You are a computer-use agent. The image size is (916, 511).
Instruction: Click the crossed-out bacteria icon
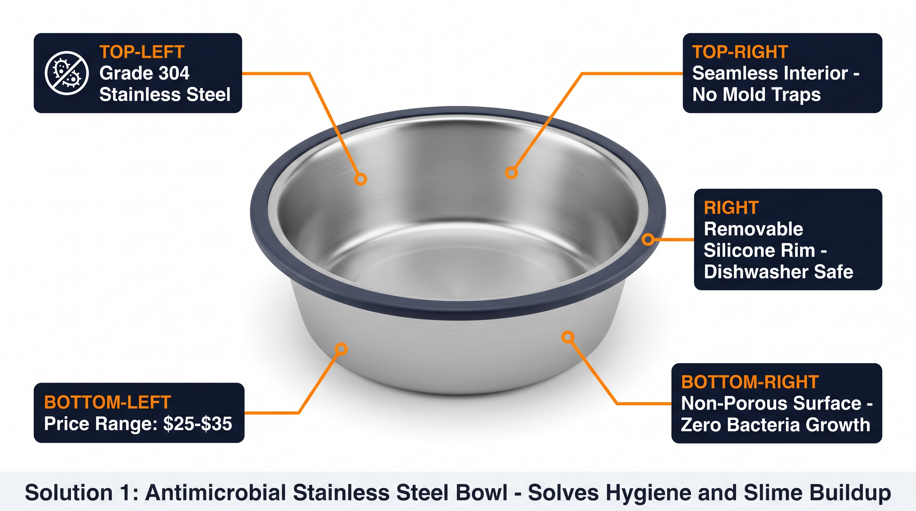(x=67, y=73)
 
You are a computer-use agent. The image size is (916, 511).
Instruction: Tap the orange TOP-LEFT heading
(x=142, y=52)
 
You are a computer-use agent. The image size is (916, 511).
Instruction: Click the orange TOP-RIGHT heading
(x=740, y=52)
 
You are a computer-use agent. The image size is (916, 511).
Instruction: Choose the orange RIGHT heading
(x=731, y=208)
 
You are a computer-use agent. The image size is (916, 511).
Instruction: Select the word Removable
(x=754, y=229)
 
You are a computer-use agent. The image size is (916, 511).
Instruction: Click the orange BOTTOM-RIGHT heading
(x=750, y=382)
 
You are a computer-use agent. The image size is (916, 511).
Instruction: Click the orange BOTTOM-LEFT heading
(x=108, y=403)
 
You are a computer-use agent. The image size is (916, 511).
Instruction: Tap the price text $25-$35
(x=198, y=424)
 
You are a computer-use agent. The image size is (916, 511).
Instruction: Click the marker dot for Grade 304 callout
(x=360, y=179)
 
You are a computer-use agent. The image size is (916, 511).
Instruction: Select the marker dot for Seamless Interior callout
(x=511, y=173)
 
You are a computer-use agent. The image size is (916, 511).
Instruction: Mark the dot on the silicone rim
(x=648, y=239)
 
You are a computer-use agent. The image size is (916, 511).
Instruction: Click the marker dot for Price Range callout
(x=341, y=349)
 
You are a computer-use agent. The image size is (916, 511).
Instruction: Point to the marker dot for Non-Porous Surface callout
(x=568, y=337)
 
